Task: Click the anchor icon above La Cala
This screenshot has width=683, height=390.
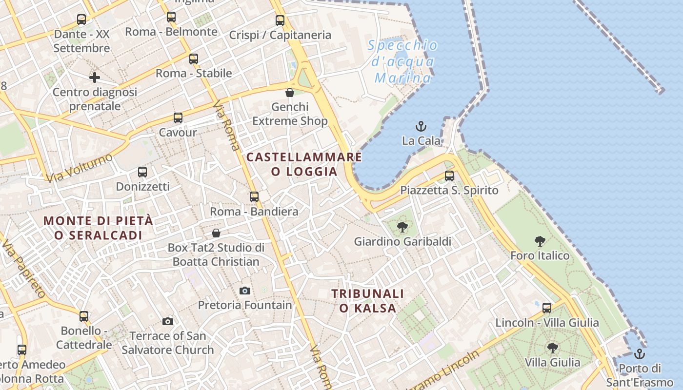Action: point(421,127)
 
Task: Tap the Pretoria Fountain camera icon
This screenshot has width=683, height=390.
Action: point(245,291)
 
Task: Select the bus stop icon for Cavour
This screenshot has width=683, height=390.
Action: point(178,118)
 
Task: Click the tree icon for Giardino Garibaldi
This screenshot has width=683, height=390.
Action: point(402,227)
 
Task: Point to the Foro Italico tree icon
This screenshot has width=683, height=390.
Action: point(540,241)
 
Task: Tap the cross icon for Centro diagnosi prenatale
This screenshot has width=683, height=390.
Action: point(95,78)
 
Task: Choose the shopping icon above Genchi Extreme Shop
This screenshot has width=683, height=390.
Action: point(290,93)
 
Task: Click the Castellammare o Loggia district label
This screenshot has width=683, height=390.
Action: point(304,164)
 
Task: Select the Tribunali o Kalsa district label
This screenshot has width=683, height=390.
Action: point(368,301)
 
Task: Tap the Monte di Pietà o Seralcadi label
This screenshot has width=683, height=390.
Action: point(99,228)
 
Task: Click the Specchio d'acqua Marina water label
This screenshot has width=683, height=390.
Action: point(402,61)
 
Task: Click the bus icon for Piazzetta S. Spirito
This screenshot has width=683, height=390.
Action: point(449,176)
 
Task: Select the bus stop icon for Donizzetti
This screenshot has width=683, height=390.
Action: point(142,172)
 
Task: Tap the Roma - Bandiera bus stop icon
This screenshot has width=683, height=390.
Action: point(254,197)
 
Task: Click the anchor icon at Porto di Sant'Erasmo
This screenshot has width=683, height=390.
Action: point(639,354)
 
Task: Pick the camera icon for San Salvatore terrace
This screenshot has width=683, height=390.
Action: point(168,322)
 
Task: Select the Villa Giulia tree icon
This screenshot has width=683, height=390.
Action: point(552,348)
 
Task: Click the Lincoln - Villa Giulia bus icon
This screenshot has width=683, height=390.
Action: point(547,308)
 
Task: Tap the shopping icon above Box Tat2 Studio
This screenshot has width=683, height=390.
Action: point(216,234)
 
